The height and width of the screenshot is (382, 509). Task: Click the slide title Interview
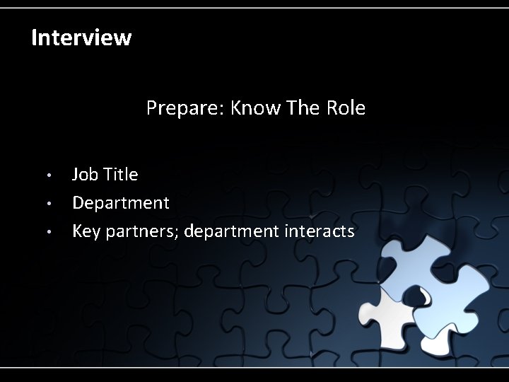(x=81, y=37)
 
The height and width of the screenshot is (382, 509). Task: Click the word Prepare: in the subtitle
(x=186, y=109)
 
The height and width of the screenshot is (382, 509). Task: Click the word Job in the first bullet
(x=86, y=174)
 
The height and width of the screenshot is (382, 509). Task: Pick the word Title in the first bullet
(x=120, y=174)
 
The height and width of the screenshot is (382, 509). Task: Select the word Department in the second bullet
(x=121, y=204)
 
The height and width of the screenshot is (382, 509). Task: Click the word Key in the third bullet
(x=86, y=232)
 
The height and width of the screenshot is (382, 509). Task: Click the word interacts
(x=319, y=232)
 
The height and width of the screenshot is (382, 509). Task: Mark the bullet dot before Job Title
(x=49, y=175)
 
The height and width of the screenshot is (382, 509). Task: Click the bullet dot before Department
(x=49, y=204)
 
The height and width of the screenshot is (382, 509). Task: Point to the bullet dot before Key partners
(x=49, y=233)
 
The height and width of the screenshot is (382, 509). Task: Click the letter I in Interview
(x=35, y=37)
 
